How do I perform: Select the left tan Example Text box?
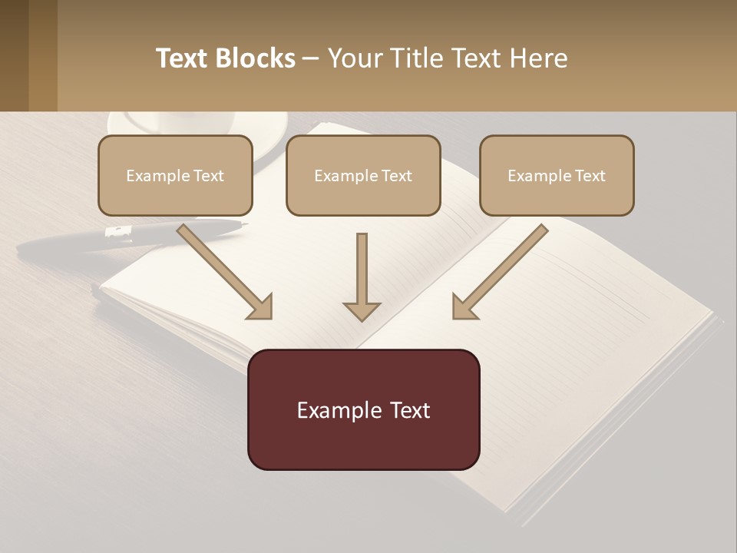pos(175,175)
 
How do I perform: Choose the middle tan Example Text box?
pos(363,175)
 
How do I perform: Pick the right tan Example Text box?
pos(557,175)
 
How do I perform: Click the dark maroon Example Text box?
pos(363,409)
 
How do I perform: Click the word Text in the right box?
pos(590,176)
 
